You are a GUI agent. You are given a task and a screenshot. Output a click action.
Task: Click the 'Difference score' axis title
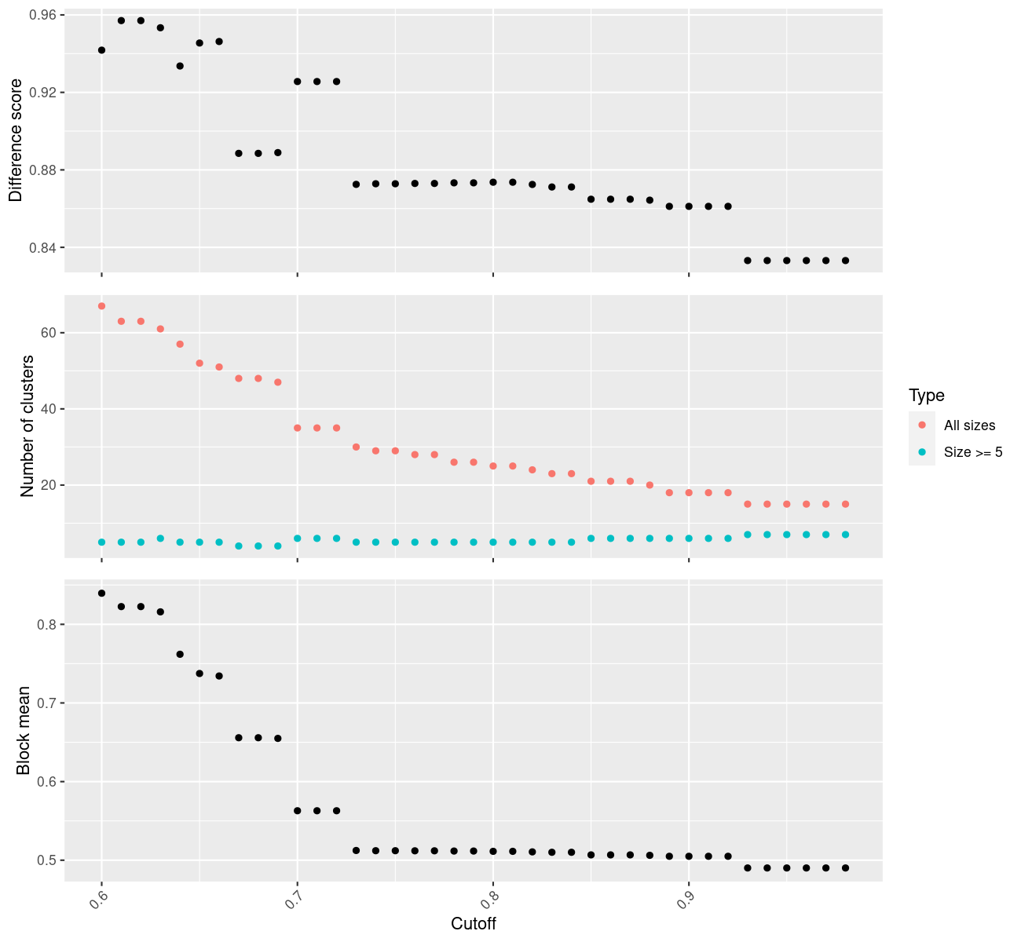16,141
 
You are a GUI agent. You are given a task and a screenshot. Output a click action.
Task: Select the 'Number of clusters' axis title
28,426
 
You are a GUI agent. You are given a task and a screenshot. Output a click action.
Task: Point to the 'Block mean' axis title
24,731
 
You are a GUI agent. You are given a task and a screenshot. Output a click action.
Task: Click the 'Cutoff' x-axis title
474,923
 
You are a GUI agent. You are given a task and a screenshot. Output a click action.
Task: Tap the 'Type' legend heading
926,395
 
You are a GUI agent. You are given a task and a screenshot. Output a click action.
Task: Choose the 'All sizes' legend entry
969,425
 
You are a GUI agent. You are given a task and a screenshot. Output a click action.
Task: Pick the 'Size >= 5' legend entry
973,452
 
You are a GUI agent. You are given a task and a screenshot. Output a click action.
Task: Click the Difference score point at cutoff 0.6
101,50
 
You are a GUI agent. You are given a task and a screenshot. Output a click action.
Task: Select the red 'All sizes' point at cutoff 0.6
101,306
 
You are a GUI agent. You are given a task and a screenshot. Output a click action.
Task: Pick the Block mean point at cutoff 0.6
101,593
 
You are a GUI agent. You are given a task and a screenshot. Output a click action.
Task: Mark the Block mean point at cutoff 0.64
180,654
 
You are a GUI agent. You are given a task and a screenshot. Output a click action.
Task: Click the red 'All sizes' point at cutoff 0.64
180,345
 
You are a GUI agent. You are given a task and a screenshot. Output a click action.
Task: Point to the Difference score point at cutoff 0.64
180,66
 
